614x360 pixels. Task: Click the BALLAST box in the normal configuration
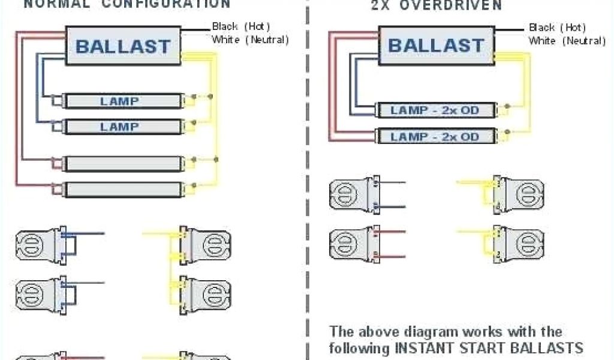(123, 46)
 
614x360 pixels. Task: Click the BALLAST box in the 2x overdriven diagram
(435, 45)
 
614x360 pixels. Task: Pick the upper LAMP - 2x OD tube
(436, 110)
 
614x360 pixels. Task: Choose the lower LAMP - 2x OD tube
(436, 136)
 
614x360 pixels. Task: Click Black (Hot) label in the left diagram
(241, 27)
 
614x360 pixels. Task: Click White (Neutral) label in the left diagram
(250, 40)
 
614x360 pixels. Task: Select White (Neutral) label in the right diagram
(567, 41)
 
